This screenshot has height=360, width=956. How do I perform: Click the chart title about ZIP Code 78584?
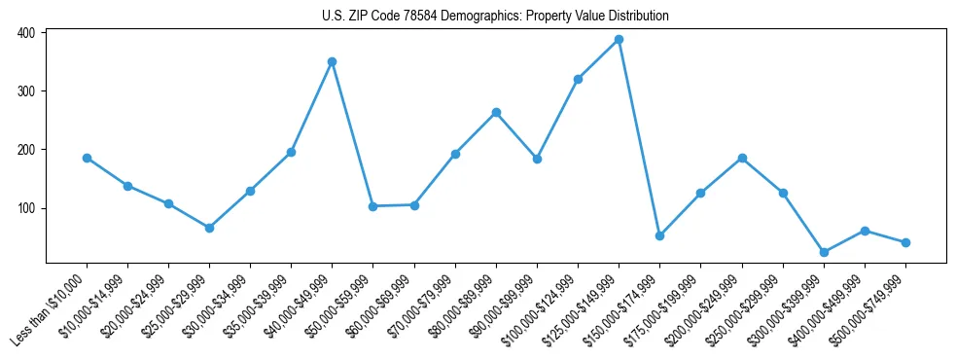pyautogui.click(x=495, y=16)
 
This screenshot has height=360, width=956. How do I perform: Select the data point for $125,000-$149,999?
pyautogui.click(x=619, y=40)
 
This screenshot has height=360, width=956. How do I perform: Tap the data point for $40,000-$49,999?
pyautogui.click(x=332, y=61)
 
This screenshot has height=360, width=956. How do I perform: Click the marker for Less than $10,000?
pyautogui.click(x=87, y=158)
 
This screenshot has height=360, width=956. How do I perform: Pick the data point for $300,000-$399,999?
pyautogui.click(x=824, y=252)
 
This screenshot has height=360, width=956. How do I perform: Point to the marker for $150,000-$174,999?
pyautogui.click(x=659, y=235)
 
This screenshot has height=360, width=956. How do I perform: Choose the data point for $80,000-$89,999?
pyautogui.click(x=496, y=113)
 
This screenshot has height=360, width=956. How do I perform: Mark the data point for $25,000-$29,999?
pyautogui.click(x=209, y=228)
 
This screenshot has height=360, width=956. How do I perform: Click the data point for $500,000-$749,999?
pyautogui.click(x=905, y=242)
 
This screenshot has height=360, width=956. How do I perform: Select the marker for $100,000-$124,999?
pyautogui.click(x=578, y=79)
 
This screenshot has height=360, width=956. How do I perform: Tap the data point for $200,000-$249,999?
pyautogui.click(x=742, y=158)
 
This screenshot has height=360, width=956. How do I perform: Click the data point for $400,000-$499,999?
pyautogui.click(x=865, y=231)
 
